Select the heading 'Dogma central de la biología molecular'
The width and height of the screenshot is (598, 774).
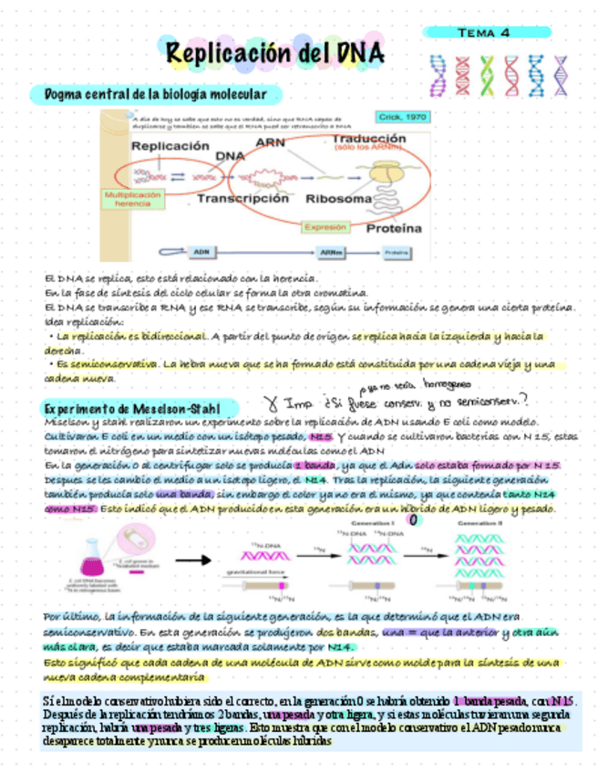[149, 95]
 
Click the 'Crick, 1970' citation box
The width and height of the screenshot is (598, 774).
[402, 117]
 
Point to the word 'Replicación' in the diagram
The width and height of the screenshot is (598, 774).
[170, 146]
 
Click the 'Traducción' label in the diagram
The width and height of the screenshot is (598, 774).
[369, 140]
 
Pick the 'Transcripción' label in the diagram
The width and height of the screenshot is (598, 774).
[242, 197]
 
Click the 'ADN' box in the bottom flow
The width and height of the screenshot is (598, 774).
[201, 252]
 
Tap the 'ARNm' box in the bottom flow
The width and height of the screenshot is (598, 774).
[330, 252]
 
